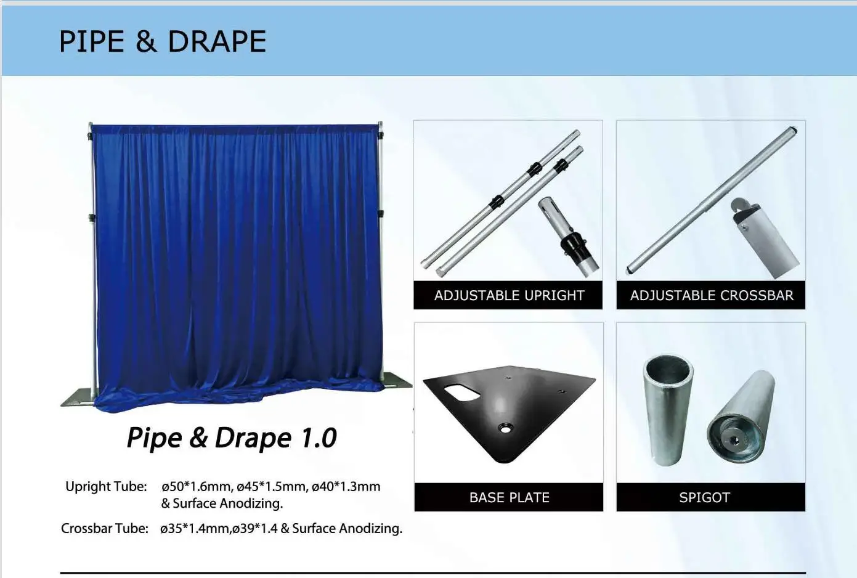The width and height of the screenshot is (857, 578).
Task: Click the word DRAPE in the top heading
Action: click(217, 42)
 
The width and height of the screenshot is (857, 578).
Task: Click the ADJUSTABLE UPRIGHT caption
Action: click(509, 296)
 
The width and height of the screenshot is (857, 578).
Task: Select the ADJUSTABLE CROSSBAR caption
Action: click(712, 296)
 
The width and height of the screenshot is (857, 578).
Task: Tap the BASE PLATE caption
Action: click(509, 497)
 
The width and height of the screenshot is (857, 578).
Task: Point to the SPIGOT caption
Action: click(704, 497)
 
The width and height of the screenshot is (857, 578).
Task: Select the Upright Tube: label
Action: click(106, 487)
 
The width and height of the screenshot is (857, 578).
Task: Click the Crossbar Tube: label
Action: click(105, 529)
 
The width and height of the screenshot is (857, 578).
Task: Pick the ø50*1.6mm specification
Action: click(196, 487)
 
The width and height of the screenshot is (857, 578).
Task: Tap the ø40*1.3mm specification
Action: click(346, 487)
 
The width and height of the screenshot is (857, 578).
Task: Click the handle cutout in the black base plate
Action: click(464, 392)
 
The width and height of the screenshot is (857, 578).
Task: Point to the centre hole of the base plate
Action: click(505, 427)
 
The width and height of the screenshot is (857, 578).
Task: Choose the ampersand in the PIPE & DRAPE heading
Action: click(145, 42)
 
